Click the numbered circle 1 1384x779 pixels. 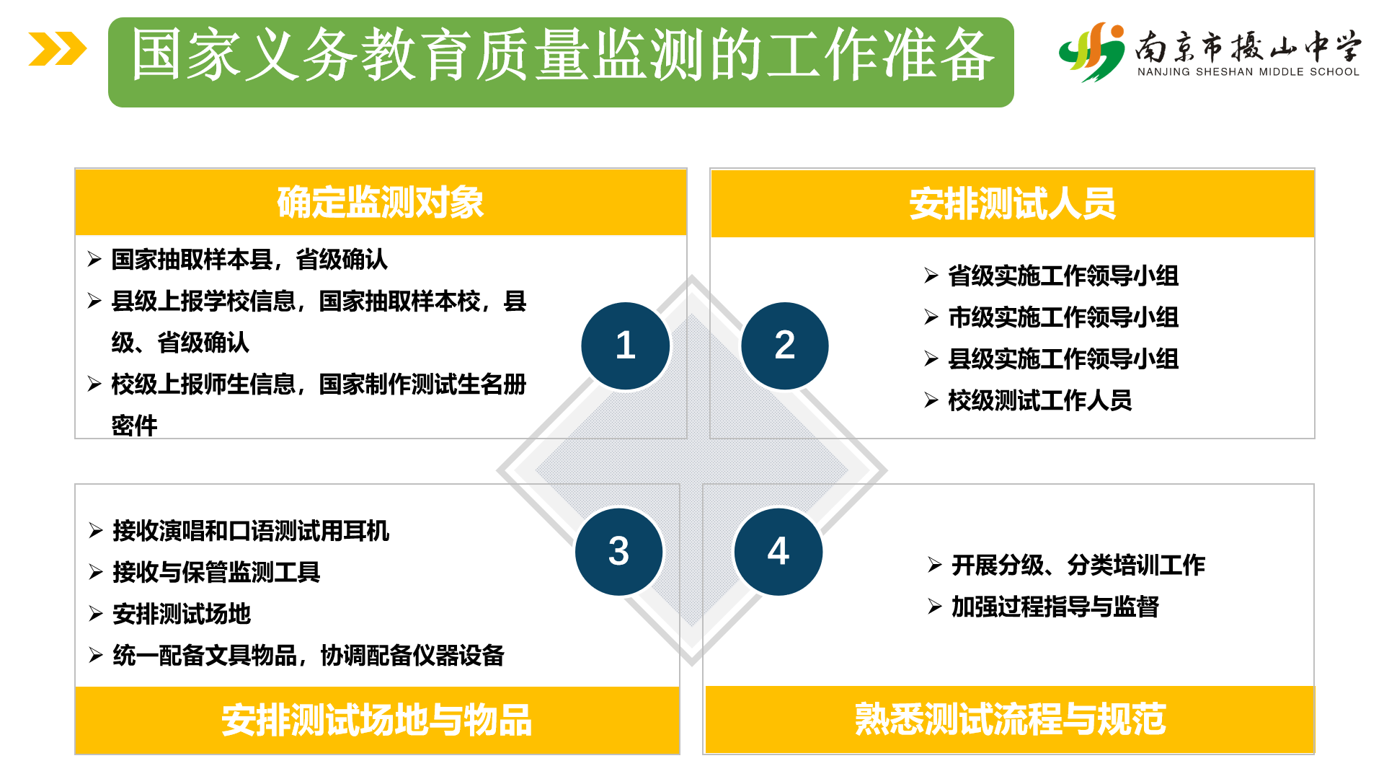pos(626,346)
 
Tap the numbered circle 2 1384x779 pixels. pos(785,346)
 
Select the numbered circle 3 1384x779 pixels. pos(619,552)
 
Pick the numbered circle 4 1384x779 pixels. pos(778,552)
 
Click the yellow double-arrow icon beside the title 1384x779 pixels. pos(58,49)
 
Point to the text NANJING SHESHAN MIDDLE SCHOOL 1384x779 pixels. pos(1248,71)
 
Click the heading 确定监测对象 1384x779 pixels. pos(381,203)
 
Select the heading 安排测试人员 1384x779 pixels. pos(1012,203)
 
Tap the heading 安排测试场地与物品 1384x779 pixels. pos(377,720)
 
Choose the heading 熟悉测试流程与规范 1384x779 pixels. pos(1011,719)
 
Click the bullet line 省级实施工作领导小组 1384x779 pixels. pos(1063,276)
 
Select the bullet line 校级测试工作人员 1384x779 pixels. pos(1040,400)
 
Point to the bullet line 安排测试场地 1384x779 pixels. pos(182,614)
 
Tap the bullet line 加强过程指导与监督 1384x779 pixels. pos(1055,607)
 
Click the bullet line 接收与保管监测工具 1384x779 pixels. pos(216,572)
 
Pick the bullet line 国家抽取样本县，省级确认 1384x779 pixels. pos(249,259)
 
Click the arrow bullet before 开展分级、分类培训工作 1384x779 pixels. pos(935,565)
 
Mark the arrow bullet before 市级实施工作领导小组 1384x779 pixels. pos(931,317)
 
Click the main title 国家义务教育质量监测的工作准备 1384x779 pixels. pos(562,56)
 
